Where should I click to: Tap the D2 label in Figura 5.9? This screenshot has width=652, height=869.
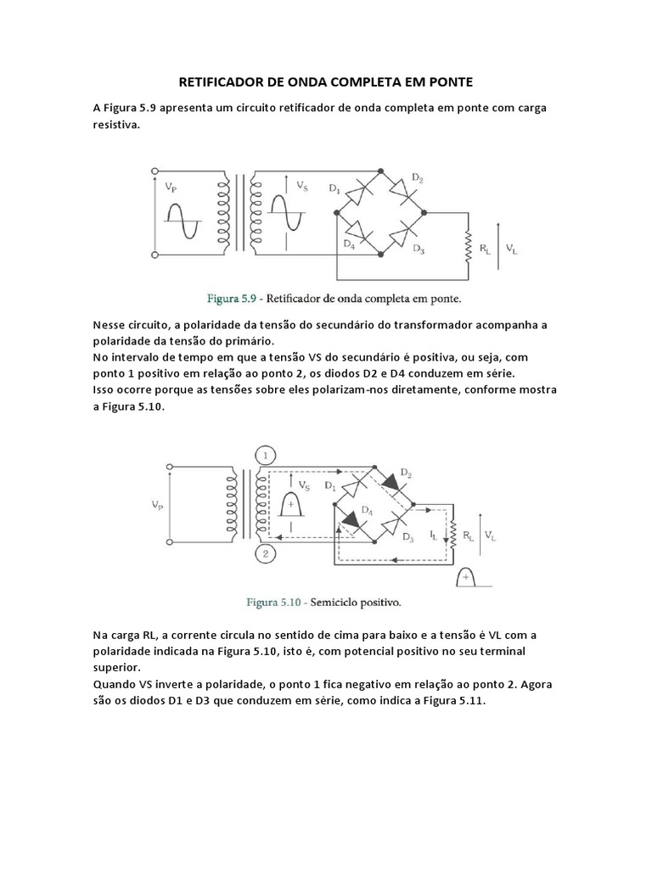(418, 177)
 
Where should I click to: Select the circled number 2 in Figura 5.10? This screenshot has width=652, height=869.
(264, 554)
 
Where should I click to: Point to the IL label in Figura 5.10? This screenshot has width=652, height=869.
(433, 535)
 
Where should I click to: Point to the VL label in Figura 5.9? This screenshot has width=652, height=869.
(509, 249)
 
